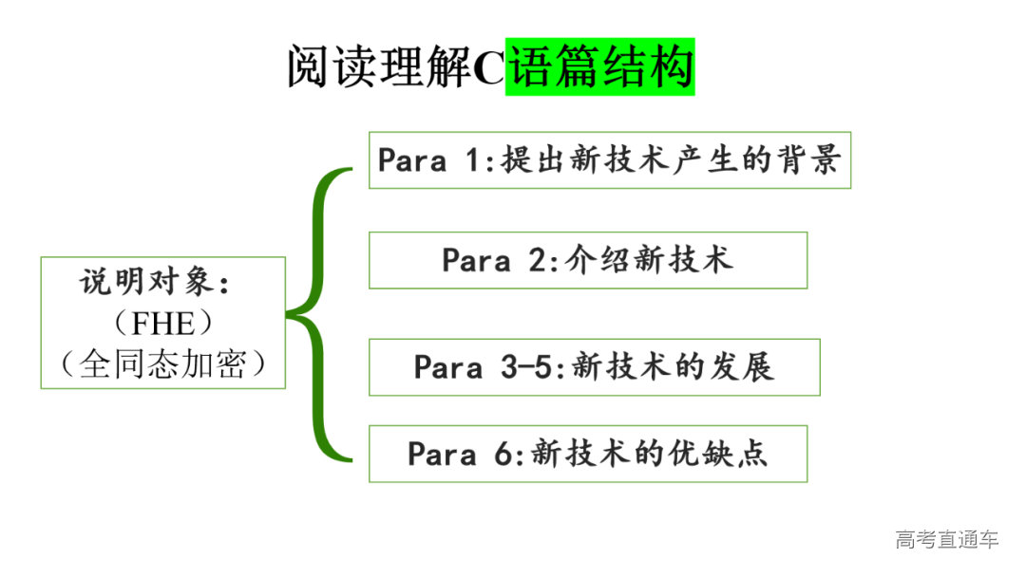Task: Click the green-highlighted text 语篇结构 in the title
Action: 600,67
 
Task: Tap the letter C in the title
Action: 488,68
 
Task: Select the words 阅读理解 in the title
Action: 380,68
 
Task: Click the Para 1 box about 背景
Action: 609,160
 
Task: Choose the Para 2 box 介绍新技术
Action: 587,260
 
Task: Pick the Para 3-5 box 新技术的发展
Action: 594,367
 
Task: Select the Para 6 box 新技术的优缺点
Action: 587,454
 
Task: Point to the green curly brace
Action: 318,315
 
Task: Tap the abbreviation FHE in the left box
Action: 161,324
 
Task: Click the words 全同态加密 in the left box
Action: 162,364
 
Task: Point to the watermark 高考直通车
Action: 947,540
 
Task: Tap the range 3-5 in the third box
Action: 525,367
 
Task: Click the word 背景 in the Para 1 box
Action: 814,159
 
